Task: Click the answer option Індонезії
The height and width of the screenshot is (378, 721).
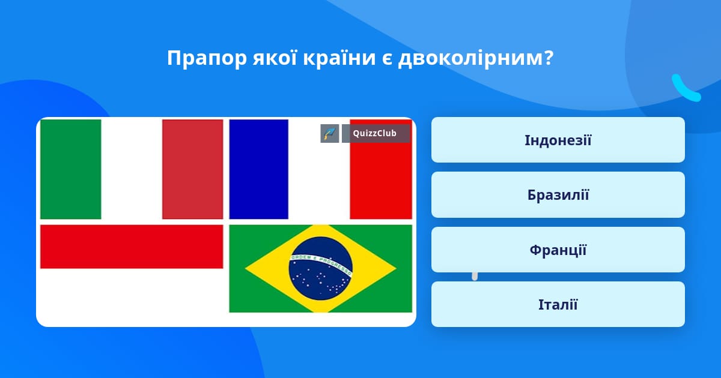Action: click(x=558, y=140)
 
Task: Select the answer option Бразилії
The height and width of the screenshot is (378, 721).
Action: click(x=558, y=195)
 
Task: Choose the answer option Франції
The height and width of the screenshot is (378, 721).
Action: click(x=558, y=250)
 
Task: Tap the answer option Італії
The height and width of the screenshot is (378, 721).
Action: click(x=558, y=304)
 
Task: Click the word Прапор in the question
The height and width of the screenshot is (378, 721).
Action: click(x=207, y=59)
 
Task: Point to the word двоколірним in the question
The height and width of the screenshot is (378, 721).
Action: click(x=476, y=59)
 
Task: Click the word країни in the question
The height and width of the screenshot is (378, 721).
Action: click(x=339, y=58)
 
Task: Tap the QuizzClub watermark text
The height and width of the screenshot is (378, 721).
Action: click(x=375, y=133)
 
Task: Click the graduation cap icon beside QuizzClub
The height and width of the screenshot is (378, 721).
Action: click(x=330, y=133)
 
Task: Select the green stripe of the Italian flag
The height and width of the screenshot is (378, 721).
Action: click(x=70, y=169)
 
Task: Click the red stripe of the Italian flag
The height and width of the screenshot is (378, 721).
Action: click(x=192, y=169)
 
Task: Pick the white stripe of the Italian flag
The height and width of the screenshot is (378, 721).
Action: click(x=132, y=169)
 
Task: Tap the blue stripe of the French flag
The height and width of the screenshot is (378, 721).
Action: click(x=258, y=169)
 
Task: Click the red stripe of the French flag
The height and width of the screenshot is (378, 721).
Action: click(x=381, y=180)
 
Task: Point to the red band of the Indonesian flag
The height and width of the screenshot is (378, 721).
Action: click(x=132, y=247)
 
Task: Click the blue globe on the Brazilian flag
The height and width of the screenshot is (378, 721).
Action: click(x=321, y=269)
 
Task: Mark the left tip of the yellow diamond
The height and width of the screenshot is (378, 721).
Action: click(x=245, y=268)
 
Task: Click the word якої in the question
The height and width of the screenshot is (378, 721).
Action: click(x=275, y=58)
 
